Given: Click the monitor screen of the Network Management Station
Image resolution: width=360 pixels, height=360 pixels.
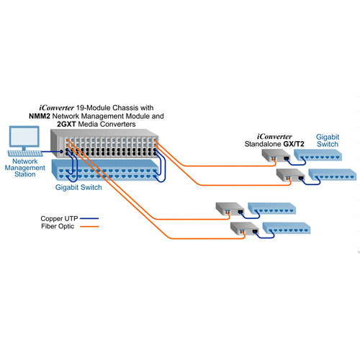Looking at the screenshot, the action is pos(24,136).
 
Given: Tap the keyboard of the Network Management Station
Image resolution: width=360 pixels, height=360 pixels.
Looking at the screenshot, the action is pos(25,153).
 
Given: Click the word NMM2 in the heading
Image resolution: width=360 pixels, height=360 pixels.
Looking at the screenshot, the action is pos(40,116).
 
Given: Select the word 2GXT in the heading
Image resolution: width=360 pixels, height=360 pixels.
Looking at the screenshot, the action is pos(66,125).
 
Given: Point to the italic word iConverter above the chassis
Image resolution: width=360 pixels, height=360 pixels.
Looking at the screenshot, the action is pos(56,108).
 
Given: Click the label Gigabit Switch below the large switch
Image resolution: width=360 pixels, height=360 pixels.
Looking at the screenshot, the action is pos(78,187).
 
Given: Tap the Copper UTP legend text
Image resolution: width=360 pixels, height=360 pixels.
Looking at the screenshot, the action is pos(59,219).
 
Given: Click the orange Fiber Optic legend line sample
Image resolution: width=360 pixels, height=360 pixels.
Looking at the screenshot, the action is pos(89,226).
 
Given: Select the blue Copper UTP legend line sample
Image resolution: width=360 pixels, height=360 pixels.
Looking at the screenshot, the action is pos(89,219).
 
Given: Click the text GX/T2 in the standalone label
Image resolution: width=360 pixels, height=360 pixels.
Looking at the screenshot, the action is pos(294,144).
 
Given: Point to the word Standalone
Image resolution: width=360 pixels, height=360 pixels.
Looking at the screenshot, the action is pos(263,144).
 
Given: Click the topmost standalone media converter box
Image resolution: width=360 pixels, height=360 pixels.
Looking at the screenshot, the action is pos(276,156).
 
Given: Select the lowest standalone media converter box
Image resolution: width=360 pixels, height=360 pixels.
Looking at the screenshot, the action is pos(245,228).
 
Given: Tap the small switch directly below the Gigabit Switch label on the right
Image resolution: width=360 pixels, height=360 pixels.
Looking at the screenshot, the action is pos(318,155).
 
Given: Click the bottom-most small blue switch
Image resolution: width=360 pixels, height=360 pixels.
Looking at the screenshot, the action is pos(287,228).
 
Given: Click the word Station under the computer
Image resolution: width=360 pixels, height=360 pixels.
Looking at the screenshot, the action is pos(25,174).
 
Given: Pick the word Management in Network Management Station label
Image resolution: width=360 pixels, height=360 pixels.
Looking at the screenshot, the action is pos(25,168).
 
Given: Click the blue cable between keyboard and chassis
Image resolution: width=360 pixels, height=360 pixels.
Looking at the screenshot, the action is pos(52,152).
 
